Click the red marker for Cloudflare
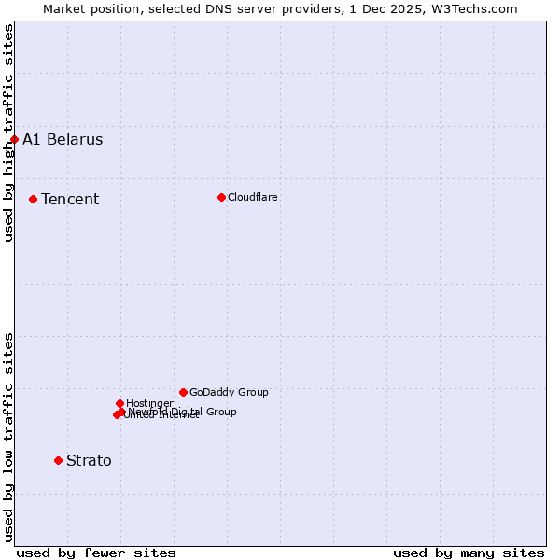pyautogui.click(x=221, y=197)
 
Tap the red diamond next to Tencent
pyautogui.click(x=33, y=199)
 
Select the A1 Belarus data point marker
pyautogui.click(x=14, y=140)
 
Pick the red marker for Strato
pyautogui.click(x=58, y=460)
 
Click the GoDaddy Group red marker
pyautogui.click(x=183, y=392)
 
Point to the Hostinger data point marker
pyautogui.click(x=119, y=403)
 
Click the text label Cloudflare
pyautogui.click(x=253, y=197)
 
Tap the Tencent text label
pyautogui.click(x=70, y=199)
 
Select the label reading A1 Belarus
pyautogui.click(x=63, y=140)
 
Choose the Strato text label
pyautogui.click(x=89, y=460)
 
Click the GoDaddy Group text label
pyautogui.click(x=229, y=392)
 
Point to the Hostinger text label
pyautogui.click(x=149, y=403)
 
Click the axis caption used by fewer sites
pyautogui.click(x=96, y=553)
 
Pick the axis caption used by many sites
pyautogui.click(x=469, y=553)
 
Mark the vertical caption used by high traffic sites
pyautogui.click(x=8, y=133)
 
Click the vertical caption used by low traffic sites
pyautogui.click(x=8, y=436)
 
